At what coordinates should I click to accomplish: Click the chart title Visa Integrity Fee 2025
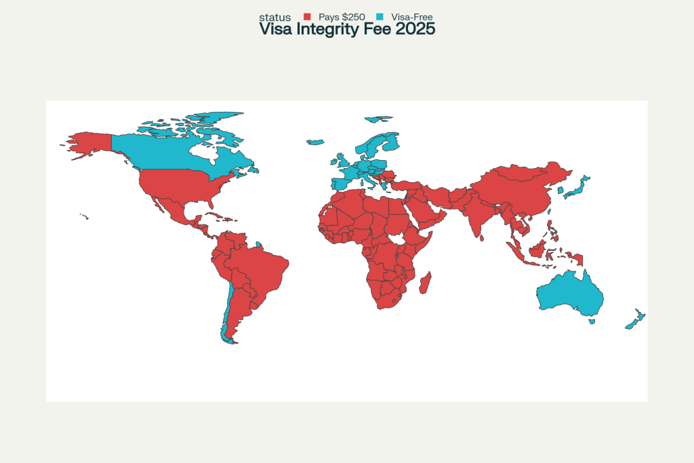[347, 30]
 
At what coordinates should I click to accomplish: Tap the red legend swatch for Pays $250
[307, 16]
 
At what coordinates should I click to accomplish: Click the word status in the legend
[274, 17]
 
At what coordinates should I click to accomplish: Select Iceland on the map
[315, 142]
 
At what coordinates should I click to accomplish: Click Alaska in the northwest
[91, 143]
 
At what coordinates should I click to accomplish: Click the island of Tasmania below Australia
[592, 321]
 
